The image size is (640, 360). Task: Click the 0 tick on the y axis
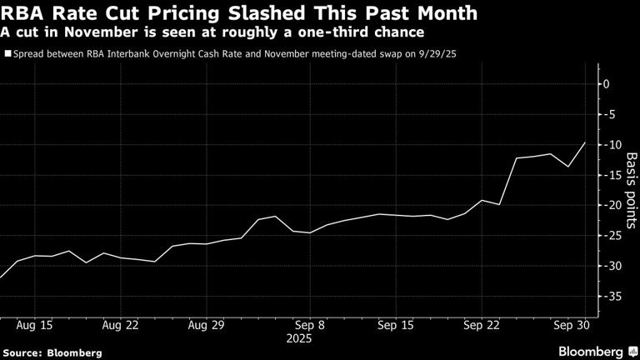pyautogui.click(x=607, y=84)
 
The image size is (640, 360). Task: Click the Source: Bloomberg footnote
pyautogui.click(x=52, y=352)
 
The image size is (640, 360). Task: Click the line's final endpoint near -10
pyautogui.click(x=585, y=142)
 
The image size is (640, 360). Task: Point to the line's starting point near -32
pyautogui.click(x=1, y=277)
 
